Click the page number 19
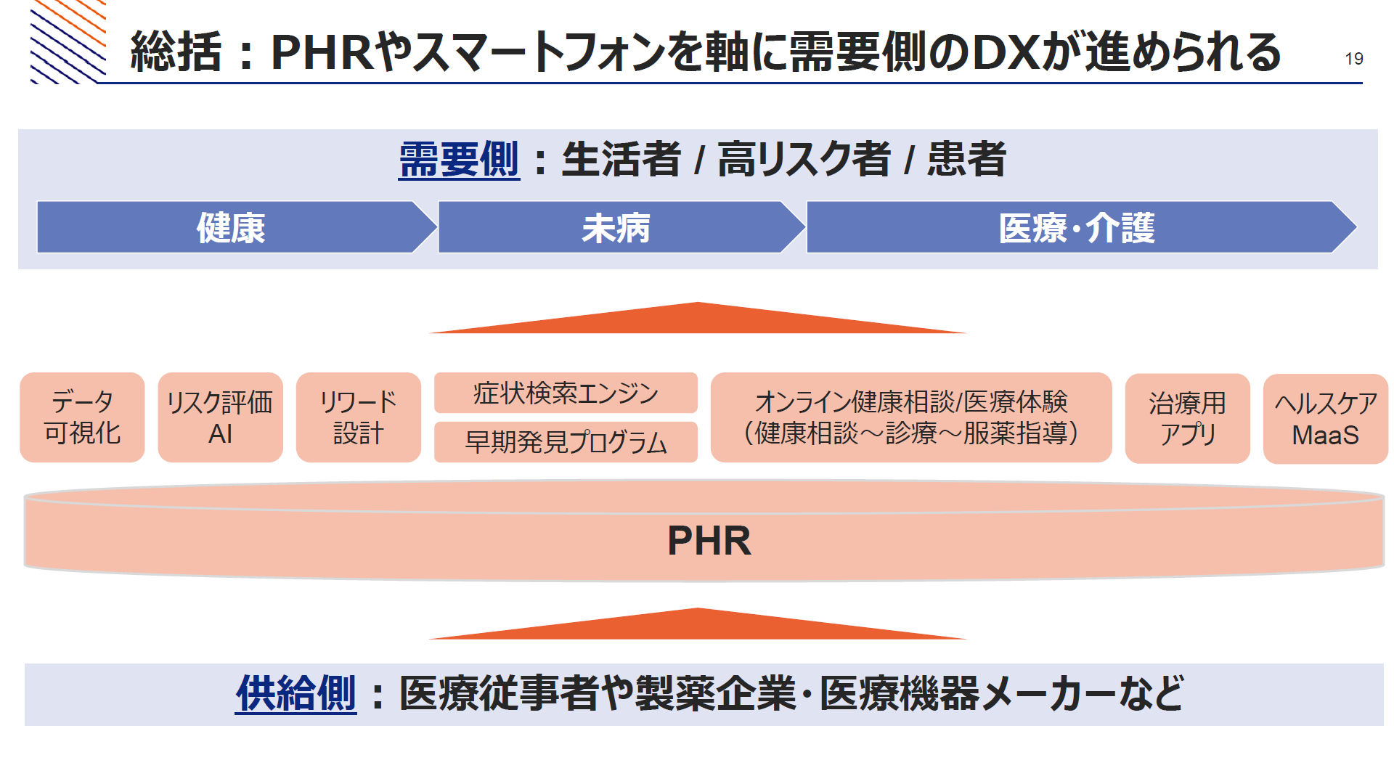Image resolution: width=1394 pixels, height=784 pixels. tap(1354, 59)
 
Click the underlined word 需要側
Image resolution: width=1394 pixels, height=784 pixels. tap(460, 160)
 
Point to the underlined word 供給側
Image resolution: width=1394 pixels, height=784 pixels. tap(296, 693)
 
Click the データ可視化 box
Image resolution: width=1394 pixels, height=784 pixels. tap(82, 417)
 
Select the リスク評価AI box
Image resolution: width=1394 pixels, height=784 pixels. tap(220, 417)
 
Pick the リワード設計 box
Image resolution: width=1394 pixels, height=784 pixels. tap(359, 417)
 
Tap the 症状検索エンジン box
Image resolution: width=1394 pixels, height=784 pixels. tap(566, 393)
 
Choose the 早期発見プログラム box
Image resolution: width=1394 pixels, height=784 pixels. tap(566, 442)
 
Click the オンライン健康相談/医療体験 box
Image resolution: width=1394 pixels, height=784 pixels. tap(911, 417)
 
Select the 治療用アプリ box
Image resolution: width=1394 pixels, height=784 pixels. tap(1188, 418)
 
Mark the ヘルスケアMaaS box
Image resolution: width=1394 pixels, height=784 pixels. tap(1326, 418)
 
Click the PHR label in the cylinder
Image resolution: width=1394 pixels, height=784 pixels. tap(709, 541)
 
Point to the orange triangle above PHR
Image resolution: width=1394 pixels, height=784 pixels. tap(698, 320)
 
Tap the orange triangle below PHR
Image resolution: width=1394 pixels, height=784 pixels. tap(698, 626)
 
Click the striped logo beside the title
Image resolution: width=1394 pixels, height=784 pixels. tap(68, 41)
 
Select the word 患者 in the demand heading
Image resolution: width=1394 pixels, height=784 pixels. tap(966, 160)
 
